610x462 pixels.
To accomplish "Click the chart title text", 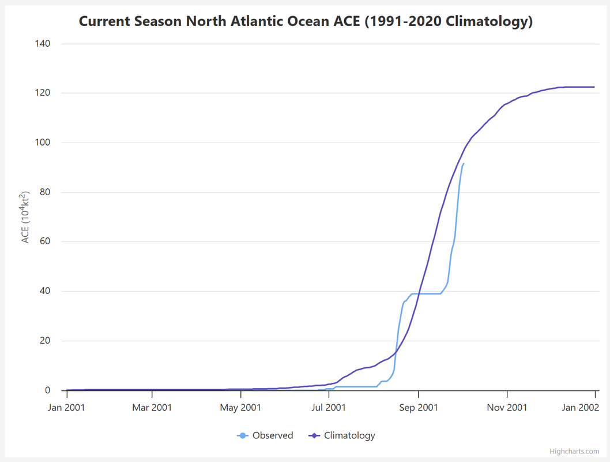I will [x=306, y=21].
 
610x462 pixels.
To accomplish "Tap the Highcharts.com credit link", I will [x=574, y=452].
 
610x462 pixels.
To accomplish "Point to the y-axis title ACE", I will [x=25, y=217].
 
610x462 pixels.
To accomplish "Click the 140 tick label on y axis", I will [x=43, y=44].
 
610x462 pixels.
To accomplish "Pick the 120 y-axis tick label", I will [x=43, y=93].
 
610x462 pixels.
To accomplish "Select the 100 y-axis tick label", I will [x=43, y=143].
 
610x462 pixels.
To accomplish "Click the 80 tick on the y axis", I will [x=45, y=192].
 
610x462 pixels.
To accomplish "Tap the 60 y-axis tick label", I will [x=45, y=241].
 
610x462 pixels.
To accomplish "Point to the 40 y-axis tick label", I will [x=45, y=291].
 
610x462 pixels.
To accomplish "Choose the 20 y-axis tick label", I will [x=45, y=341].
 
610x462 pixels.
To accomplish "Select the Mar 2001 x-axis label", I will [x=152, y=408].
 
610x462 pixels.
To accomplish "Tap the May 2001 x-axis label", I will [x=241, y=408].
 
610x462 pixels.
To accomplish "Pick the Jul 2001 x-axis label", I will [x=329, y=408].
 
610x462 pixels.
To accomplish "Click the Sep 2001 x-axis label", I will [x=418, y=408].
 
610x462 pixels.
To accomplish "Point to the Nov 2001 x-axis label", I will [x=507, y=408].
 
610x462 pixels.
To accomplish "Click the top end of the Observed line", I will [x=464, y=163].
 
